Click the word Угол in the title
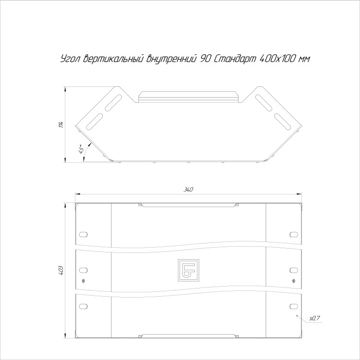[x=70, y=59]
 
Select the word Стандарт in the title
[x=235, y=59]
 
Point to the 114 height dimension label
[x=61, y=125]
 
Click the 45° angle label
[x=81, y=149]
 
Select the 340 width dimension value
[x=188, y=190]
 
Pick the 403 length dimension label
[x=61, y=271]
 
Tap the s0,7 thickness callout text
[x=314, y=318]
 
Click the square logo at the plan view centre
[x=189, y=270]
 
